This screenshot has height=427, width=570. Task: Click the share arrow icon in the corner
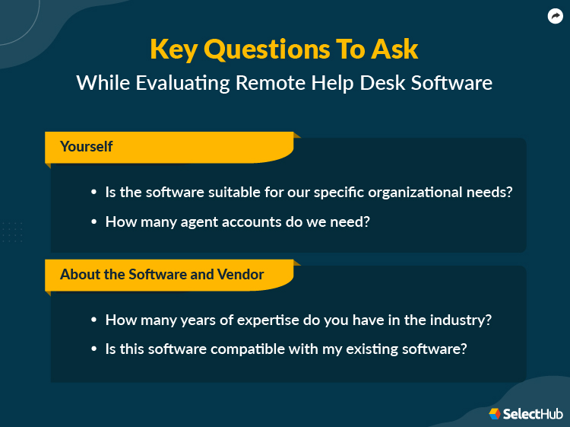click(x=555, y=16)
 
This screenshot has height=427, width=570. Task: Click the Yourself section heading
click(x=87, y=146)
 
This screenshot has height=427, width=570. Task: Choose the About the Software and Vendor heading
click(x=162, y=274)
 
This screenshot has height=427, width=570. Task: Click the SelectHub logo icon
click(x=495, y=413)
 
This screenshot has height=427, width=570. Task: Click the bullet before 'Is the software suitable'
click(x=93, y=193)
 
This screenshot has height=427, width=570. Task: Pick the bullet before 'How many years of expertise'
click(x=93, y=320)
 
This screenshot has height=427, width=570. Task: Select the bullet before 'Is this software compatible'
click(x=93, y=349)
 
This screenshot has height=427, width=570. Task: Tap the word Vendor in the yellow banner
click(x=239, y=274)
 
